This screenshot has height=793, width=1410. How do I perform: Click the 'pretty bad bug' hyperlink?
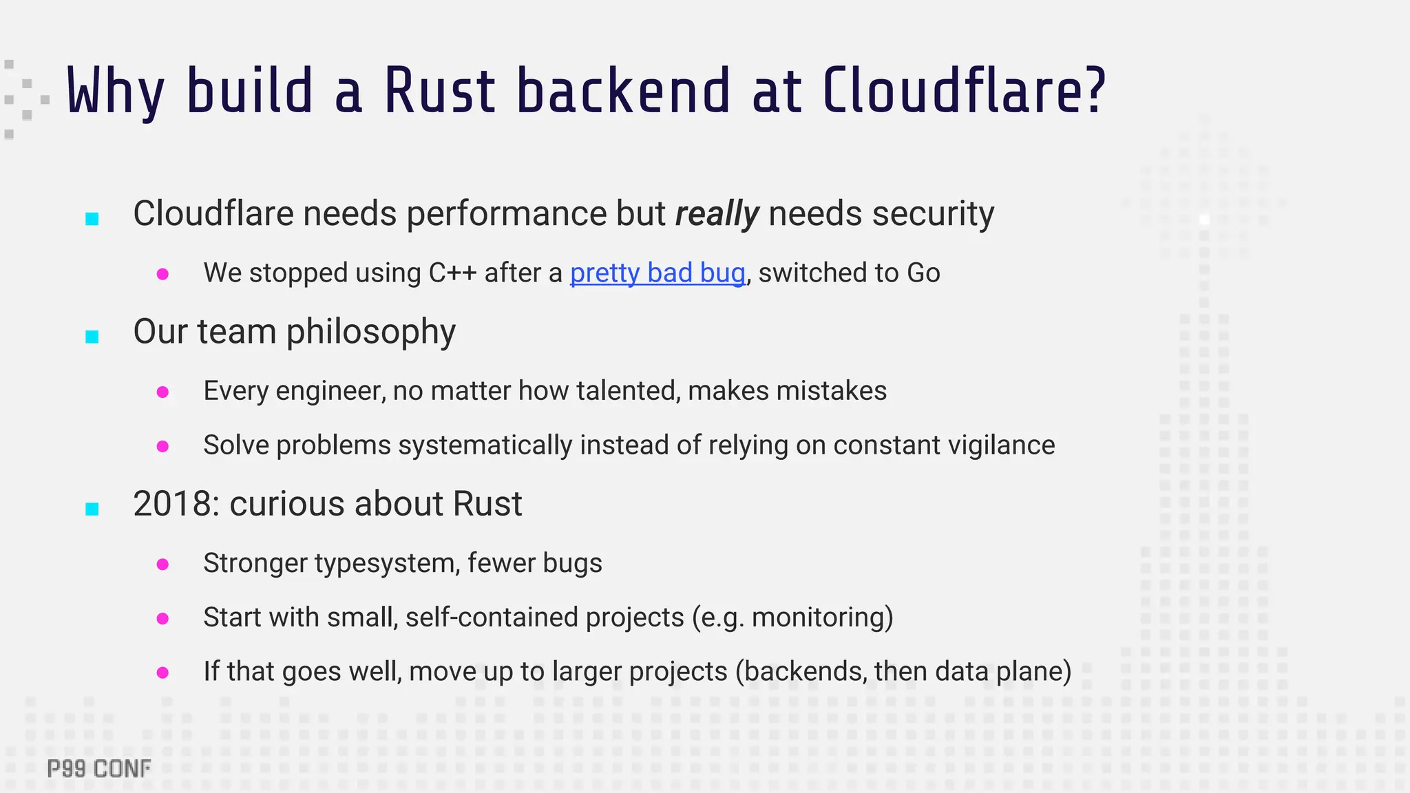tap(657, 273)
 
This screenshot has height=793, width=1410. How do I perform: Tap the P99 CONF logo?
tap(99, 769)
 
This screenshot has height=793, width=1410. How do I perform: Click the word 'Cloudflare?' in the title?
tap(964, 91)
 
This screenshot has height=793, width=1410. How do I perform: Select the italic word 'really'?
tap(717, 213)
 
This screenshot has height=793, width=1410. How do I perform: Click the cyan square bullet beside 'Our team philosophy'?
tap(92, 337)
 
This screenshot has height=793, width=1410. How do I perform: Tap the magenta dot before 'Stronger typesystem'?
tap(163, 564)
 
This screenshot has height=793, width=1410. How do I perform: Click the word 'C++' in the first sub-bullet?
tap(452, 273)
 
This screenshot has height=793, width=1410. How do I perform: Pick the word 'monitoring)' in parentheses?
tap(822, 617)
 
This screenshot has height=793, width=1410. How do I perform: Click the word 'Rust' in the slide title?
tap(439, 91)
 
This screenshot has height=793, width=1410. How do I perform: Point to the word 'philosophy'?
tap(370, 332)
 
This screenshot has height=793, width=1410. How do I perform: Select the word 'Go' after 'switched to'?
tap(923, 273)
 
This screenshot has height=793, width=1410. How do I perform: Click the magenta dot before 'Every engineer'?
tap(163, 392)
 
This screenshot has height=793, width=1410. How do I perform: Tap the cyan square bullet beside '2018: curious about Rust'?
tap(92, 509)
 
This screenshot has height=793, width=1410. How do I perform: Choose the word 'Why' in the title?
tap(115, 91)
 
